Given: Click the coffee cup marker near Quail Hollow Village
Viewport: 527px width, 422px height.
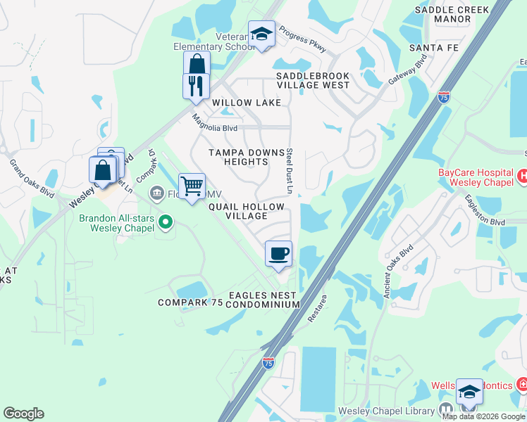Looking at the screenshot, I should pos(278,253).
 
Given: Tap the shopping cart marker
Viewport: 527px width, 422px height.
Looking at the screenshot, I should pos(192,186).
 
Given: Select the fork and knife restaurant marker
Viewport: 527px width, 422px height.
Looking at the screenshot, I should pos(196,86).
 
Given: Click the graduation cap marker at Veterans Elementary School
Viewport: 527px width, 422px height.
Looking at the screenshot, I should pos(261,33).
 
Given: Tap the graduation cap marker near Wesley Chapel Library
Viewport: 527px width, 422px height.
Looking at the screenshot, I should pos(469,392).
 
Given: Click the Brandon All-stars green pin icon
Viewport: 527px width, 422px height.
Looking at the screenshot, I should pos(166,223).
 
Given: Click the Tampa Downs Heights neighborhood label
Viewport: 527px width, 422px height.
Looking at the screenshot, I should pos(239,157).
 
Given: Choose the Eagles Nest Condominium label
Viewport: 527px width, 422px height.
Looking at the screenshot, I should pos(264,300).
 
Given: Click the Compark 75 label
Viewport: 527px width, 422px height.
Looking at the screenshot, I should pos(190,302).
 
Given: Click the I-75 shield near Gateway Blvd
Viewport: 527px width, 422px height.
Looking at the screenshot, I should pos(444,97).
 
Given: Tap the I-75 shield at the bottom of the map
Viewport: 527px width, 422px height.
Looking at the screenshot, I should pos(268,362).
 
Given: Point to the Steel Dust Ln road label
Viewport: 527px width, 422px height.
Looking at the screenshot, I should pos(289,171).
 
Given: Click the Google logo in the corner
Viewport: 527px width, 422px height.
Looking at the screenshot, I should pos(23,414).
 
